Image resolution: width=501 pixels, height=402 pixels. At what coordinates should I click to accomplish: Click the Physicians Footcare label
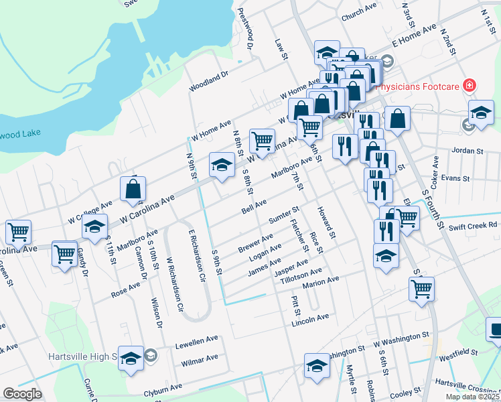tap(419, 86)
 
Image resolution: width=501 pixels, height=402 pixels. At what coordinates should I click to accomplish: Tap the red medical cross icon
tap(470, 86)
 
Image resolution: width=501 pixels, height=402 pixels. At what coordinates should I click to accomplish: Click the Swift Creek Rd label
tap(474, 225)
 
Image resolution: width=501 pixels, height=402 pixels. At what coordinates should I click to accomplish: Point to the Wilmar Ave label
tap(200, 359)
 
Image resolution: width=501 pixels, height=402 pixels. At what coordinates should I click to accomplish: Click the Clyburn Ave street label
tap(163, 388)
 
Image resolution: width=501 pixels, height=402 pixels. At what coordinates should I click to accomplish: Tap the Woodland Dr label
tap(209, 82)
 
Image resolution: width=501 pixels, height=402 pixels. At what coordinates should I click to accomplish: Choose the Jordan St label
tap(467, 151)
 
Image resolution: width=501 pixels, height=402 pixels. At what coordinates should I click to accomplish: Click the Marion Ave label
tap(321, 281)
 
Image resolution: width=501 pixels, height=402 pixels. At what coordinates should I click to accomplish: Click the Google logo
tap(22, 394)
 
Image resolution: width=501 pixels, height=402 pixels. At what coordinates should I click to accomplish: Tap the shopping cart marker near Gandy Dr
tap(64, 253)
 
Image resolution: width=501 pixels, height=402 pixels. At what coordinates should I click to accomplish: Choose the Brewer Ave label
tap(255, 243)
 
